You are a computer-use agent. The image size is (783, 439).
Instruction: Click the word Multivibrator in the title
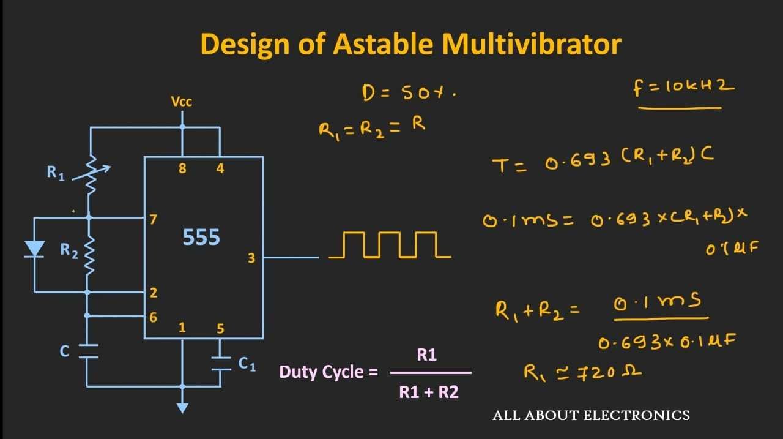(532, 45)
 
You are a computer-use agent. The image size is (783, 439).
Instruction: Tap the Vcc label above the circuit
(182, 102)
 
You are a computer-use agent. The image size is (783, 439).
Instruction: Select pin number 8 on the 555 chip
(182, 168)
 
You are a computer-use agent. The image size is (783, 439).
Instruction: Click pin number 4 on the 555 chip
(220, 168)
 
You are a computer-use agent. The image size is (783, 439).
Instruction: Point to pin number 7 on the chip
(153, 219)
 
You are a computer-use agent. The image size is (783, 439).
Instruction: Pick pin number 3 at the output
(251, 258)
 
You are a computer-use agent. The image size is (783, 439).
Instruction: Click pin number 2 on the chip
(153, 293)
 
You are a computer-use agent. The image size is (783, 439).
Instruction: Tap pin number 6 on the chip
(153, 317)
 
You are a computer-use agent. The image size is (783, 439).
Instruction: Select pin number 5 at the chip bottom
(220, 328)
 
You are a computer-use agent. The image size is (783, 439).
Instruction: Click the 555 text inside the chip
(201, 237)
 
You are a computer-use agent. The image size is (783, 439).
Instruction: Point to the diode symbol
(34, 249)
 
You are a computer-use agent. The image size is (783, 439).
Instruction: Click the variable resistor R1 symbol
(91, 174)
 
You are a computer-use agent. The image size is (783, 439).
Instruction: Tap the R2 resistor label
(69, 251)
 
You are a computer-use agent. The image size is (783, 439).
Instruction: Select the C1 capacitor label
(247, 364)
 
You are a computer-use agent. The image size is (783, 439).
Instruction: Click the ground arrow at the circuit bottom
(182, 408)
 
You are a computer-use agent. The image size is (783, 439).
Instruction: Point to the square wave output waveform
(390, 245)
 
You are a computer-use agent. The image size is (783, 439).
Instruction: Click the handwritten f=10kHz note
(683, 88)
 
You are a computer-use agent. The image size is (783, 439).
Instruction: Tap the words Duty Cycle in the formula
(321, 372)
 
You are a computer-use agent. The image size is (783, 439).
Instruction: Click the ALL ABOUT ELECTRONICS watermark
(591, 416)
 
